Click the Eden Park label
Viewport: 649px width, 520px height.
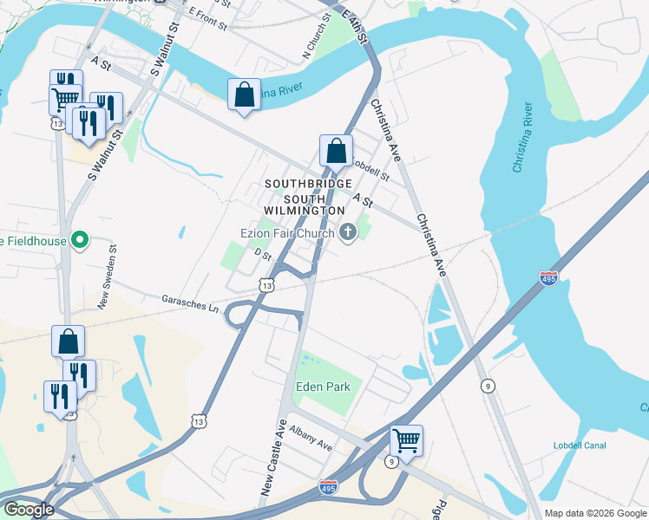pyautogui.click(x=323, y=387)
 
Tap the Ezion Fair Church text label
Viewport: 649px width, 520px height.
pyautogui.click(x=288, y=232)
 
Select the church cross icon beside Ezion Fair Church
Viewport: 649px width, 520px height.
pyautogui.click(x=349, y=231)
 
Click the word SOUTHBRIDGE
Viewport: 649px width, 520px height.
pyautogui.click(x=308, y=184)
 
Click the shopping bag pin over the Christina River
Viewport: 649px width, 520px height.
pyautogui.click(x=244, y=94)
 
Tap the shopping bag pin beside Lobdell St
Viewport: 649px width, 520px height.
pyautogui.click(x=336, y=151)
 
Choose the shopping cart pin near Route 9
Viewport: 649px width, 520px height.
pyautogui.click(x=405, y=441)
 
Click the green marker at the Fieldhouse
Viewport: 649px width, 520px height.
pyautogui.click(x=80, y=240)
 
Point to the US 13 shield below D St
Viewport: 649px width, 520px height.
pyautogui.click(x=266, y=284)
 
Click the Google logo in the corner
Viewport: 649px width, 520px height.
pyautogui.click(x=28, y=510)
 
